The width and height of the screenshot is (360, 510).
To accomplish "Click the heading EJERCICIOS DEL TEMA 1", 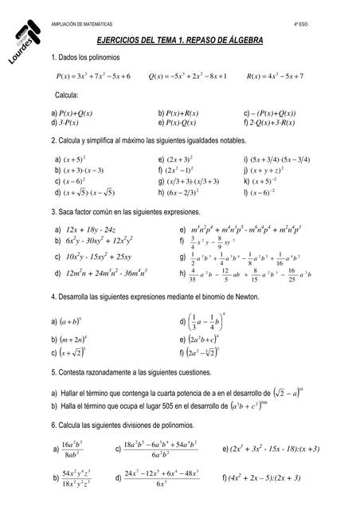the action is coord(178,40).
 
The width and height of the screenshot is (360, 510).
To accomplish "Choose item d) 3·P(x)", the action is coord(68,124).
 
